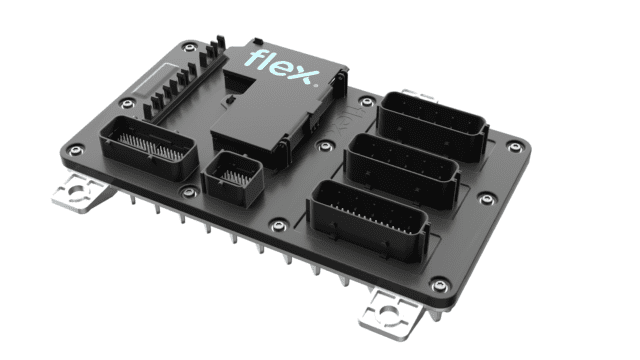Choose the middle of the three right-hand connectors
click(x=401, y=165)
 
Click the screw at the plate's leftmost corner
click(x=74, y=151)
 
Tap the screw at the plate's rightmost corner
click(x=517, y=150)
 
